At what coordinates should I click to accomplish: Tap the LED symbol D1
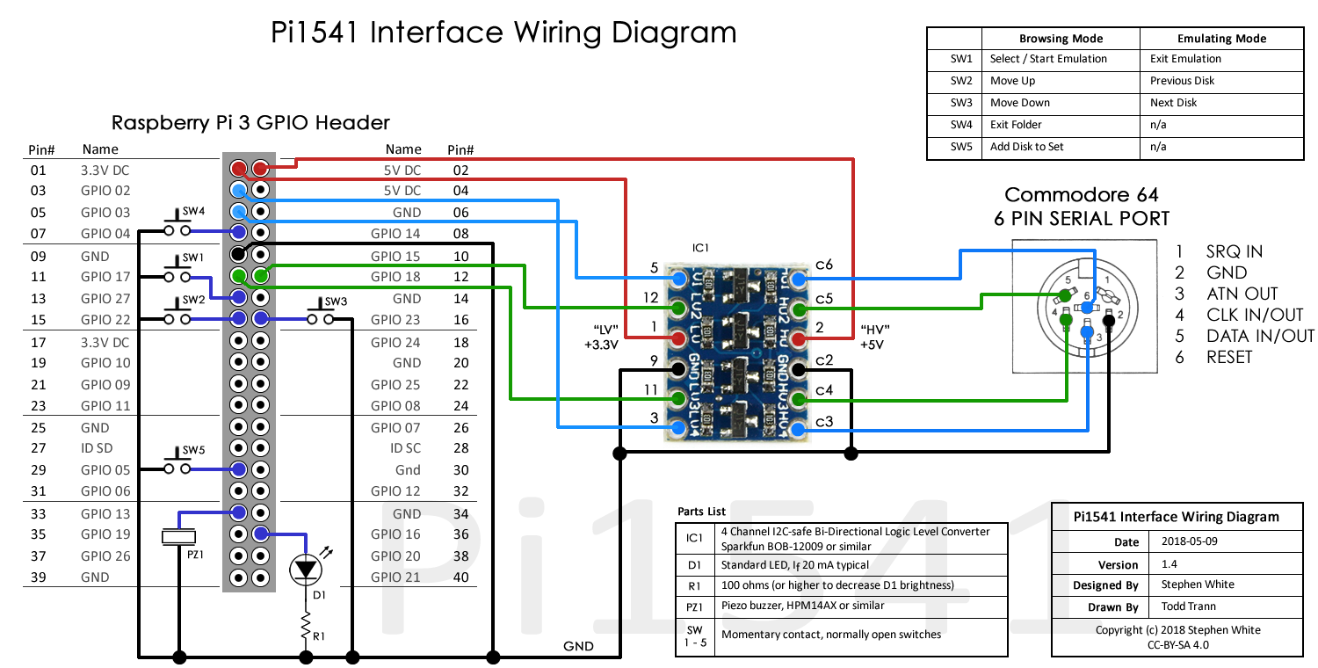[306, 570]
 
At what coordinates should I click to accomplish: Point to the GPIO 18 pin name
[395, 277]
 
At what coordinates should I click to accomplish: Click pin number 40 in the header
[460, 577]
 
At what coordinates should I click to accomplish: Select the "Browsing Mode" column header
[1061, 39]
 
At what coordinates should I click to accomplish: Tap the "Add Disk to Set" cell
[1026, 147]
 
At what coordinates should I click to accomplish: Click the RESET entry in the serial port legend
[1229, 357]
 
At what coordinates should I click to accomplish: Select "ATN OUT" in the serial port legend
[1242, 294]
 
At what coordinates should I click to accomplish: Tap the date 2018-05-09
[1190, 541]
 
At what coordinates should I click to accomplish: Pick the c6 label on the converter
[823, 265]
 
